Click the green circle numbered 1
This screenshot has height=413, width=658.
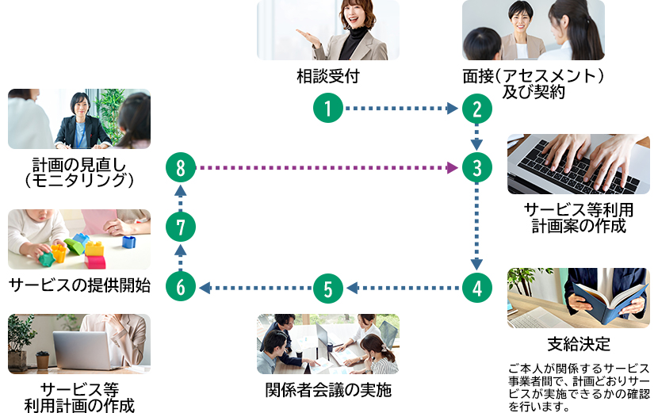(328, 108)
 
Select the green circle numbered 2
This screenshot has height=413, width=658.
(476, 108)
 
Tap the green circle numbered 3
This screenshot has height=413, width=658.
(476, 167)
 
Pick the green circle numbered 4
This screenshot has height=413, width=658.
(476, 287)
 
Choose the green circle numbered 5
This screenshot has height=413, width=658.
(328, 287)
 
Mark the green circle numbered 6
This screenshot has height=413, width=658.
(181, 287)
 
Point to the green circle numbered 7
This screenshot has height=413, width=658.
(181, 228)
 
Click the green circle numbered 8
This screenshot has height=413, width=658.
(181, 167)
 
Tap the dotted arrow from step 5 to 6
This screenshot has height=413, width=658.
(254, 287)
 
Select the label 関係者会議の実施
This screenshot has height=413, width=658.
(327, 390)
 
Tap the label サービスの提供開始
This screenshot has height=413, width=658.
(78, 286)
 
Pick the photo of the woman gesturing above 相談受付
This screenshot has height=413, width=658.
(327, 30)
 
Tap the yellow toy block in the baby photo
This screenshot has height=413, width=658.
(94, 248)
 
